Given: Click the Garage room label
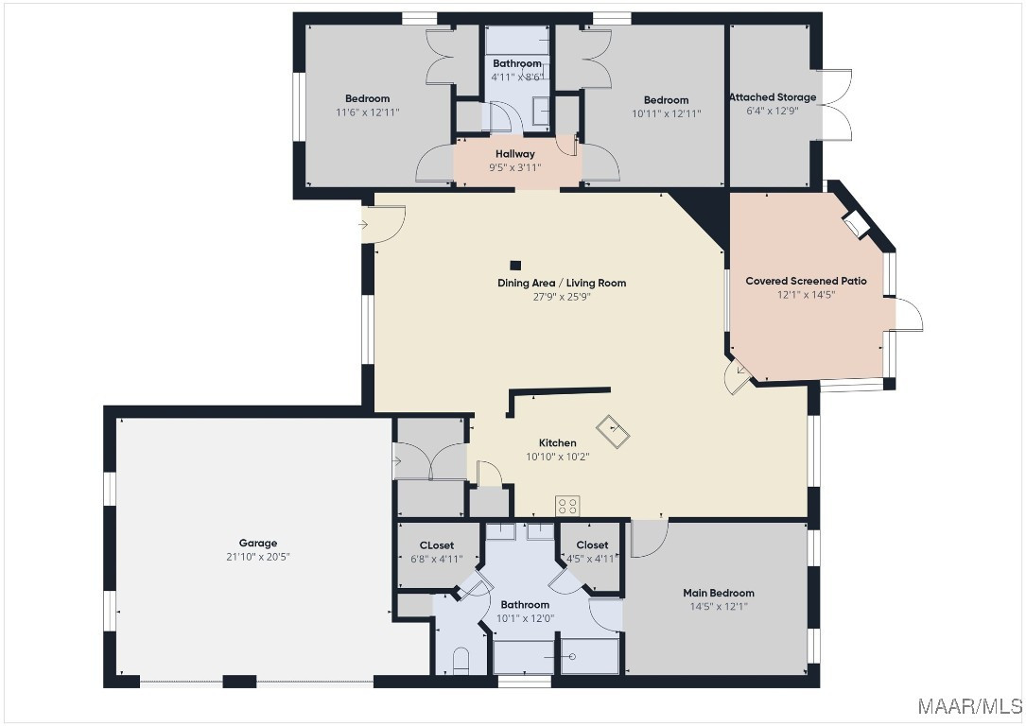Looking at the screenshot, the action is click(258, 543).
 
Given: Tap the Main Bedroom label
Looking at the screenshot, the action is click(719, 594).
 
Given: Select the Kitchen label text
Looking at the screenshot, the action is click(558, 442).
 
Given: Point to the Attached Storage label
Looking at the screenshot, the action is click(773, 97).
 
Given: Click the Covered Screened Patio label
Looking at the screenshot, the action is click(806, 282).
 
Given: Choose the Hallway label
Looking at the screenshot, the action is click(515, 154).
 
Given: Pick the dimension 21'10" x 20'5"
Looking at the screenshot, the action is click(258, 557).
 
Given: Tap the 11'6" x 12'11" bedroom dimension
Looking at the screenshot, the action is click(368, 112).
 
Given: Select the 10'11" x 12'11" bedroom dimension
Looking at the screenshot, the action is click(666, 113).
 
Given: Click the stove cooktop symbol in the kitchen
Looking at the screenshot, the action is click(567, 506).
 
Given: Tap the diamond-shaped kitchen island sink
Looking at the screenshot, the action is click(613, 431).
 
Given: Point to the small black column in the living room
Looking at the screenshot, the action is click(515, 266).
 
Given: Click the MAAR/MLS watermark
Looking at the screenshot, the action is click(969, 706).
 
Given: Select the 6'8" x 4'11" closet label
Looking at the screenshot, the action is click(437, 553).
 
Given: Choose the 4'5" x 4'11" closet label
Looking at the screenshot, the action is click(592, 551).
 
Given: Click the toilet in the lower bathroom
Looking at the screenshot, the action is click(461, 661).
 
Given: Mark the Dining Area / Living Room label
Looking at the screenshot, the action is click(562, 284).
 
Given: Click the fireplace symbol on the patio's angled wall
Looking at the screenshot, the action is click(856, 224).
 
